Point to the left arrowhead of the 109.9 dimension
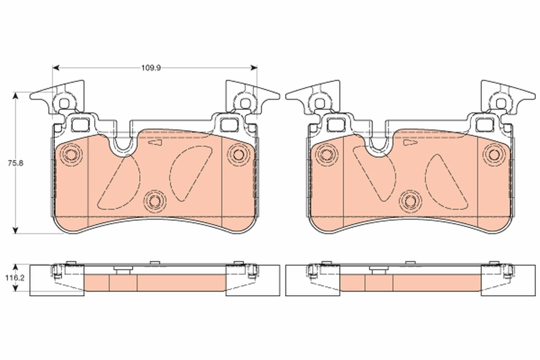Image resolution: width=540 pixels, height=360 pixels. tap(56, 68)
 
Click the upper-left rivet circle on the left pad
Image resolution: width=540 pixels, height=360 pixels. tap(70, 155)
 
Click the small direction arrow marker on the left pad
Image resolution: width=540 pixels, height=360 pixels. tap(155, 143)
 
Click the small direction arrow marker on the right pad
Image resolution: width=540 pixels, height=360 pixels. tap(410, 143)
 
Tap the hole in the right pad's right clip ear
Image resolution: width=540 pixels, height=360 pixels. tap(499, 103)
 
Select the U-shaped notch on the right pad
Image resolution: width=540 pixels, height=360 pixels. tap(378, 145)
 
